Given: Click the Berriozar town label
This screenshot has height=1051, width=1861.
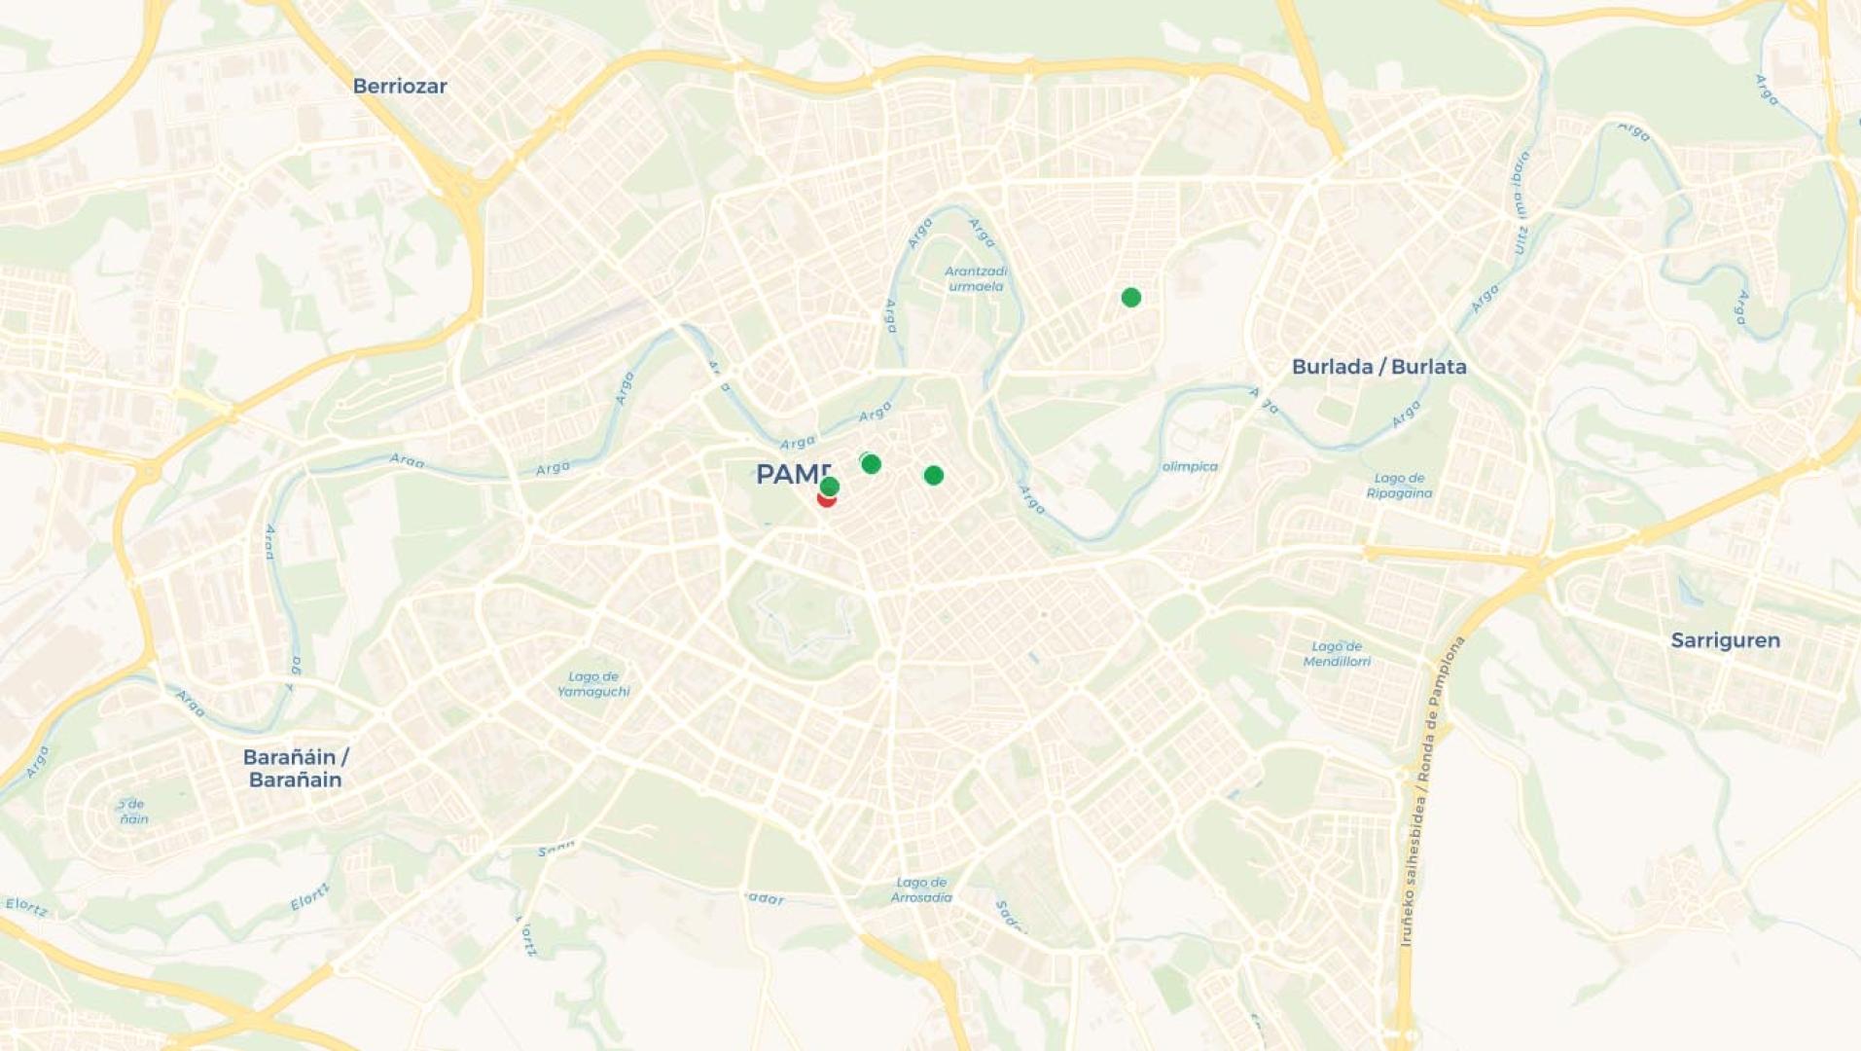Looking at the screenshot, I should tap(400, 86).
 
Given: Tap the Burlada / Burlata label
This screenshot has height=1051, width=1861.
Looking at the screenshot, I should tap(1378, 367).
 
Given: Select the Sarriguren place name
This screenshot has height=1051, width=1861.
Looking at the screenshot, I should tap(1725, 640).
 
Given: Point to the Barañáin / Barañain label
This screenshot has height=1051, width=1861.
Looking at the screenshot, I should tap(295, 768).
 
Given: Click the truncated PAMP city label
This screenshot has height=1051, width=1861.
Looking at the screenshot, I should tap(793, 474).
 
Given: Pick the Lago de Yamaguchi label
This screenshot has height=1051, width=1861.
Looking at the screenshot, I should tap(593, 684).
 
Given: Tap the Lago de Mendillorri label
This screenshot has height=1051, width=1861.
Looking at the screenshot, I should tap(1337, 654).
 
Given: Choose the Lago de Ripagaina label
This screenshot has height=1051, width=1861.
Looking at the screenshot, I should tap(1399, 486).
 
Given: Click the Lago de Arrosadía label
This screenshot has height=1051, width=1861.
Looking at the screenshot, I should tap(921, 890).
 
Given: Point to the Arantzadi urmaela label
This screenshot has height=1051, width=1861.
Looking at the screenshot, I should tap(976, 278).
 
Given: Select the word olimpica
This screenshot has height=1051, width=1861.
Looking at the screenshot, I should tap(1190, 466).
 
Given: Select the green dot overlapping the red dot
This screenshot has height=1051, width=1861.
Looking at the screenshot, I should tap(830, 485).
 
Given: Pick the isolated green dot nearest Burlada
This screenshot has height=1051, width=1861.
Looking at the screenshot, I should tap(1130, 297).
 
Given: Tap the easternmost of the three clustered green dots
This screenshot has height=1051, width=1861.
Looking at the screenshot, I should tap(933, 475).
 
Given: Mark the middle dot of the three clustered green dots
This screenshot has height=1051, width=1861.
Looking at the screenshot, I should tap(871, 464).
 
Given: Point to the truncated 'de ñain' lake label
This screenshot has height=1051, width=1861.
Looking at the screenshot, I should tap(133, 812).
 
